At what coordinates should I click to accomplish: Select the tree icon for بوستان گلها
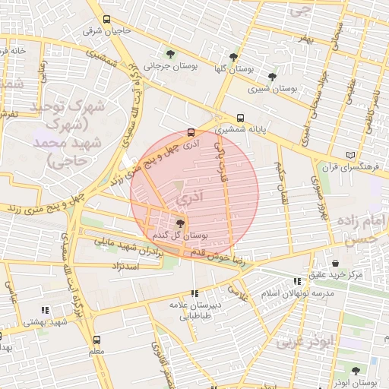[233, 57]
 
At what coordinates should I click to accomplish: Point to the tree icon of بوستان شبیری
[272, 77]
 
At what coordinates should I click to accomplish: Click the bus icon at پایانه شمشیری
[240, 118]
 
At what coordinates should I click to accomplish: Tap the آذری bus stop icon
[191, 131]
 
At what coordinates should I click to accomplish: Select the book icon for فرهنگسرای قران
[349, 154]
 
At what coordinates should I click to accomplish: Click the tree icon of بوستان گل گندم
[179, 223]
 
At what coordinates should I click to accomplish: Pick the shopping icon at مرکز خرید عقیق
[335, 263]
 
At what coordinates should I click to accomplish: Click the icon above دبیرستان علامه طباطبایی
[194, 293]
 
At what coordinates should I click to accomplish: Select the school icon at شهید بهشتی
[46, 310]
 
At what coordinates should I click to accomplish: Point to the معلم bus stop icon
[96, 340]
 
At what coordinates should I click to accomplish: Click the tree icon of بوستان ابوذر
[353, 372]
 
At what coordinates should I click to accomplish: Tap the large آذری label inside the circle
[189, 198]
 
